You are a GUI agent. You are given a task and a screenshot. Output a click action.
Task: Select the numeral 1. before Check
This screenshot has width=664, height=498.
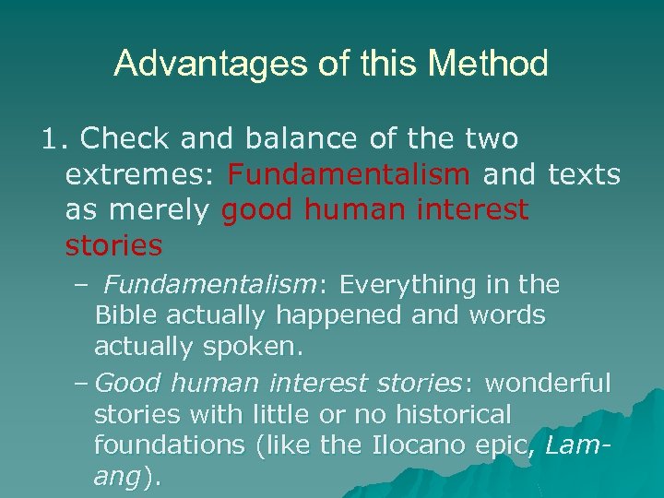tap(54, 139)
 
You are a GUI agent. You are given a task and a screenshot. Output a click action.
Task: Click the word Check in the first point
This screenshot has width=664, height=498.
tap(125, 139)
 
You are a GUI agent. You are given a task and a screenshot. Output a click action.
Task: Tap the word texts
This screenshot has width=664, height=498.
tap(584, 174)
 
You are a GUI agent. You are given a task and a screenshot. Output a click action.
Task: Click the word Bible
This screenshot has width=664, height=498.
tap(123, 315)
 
